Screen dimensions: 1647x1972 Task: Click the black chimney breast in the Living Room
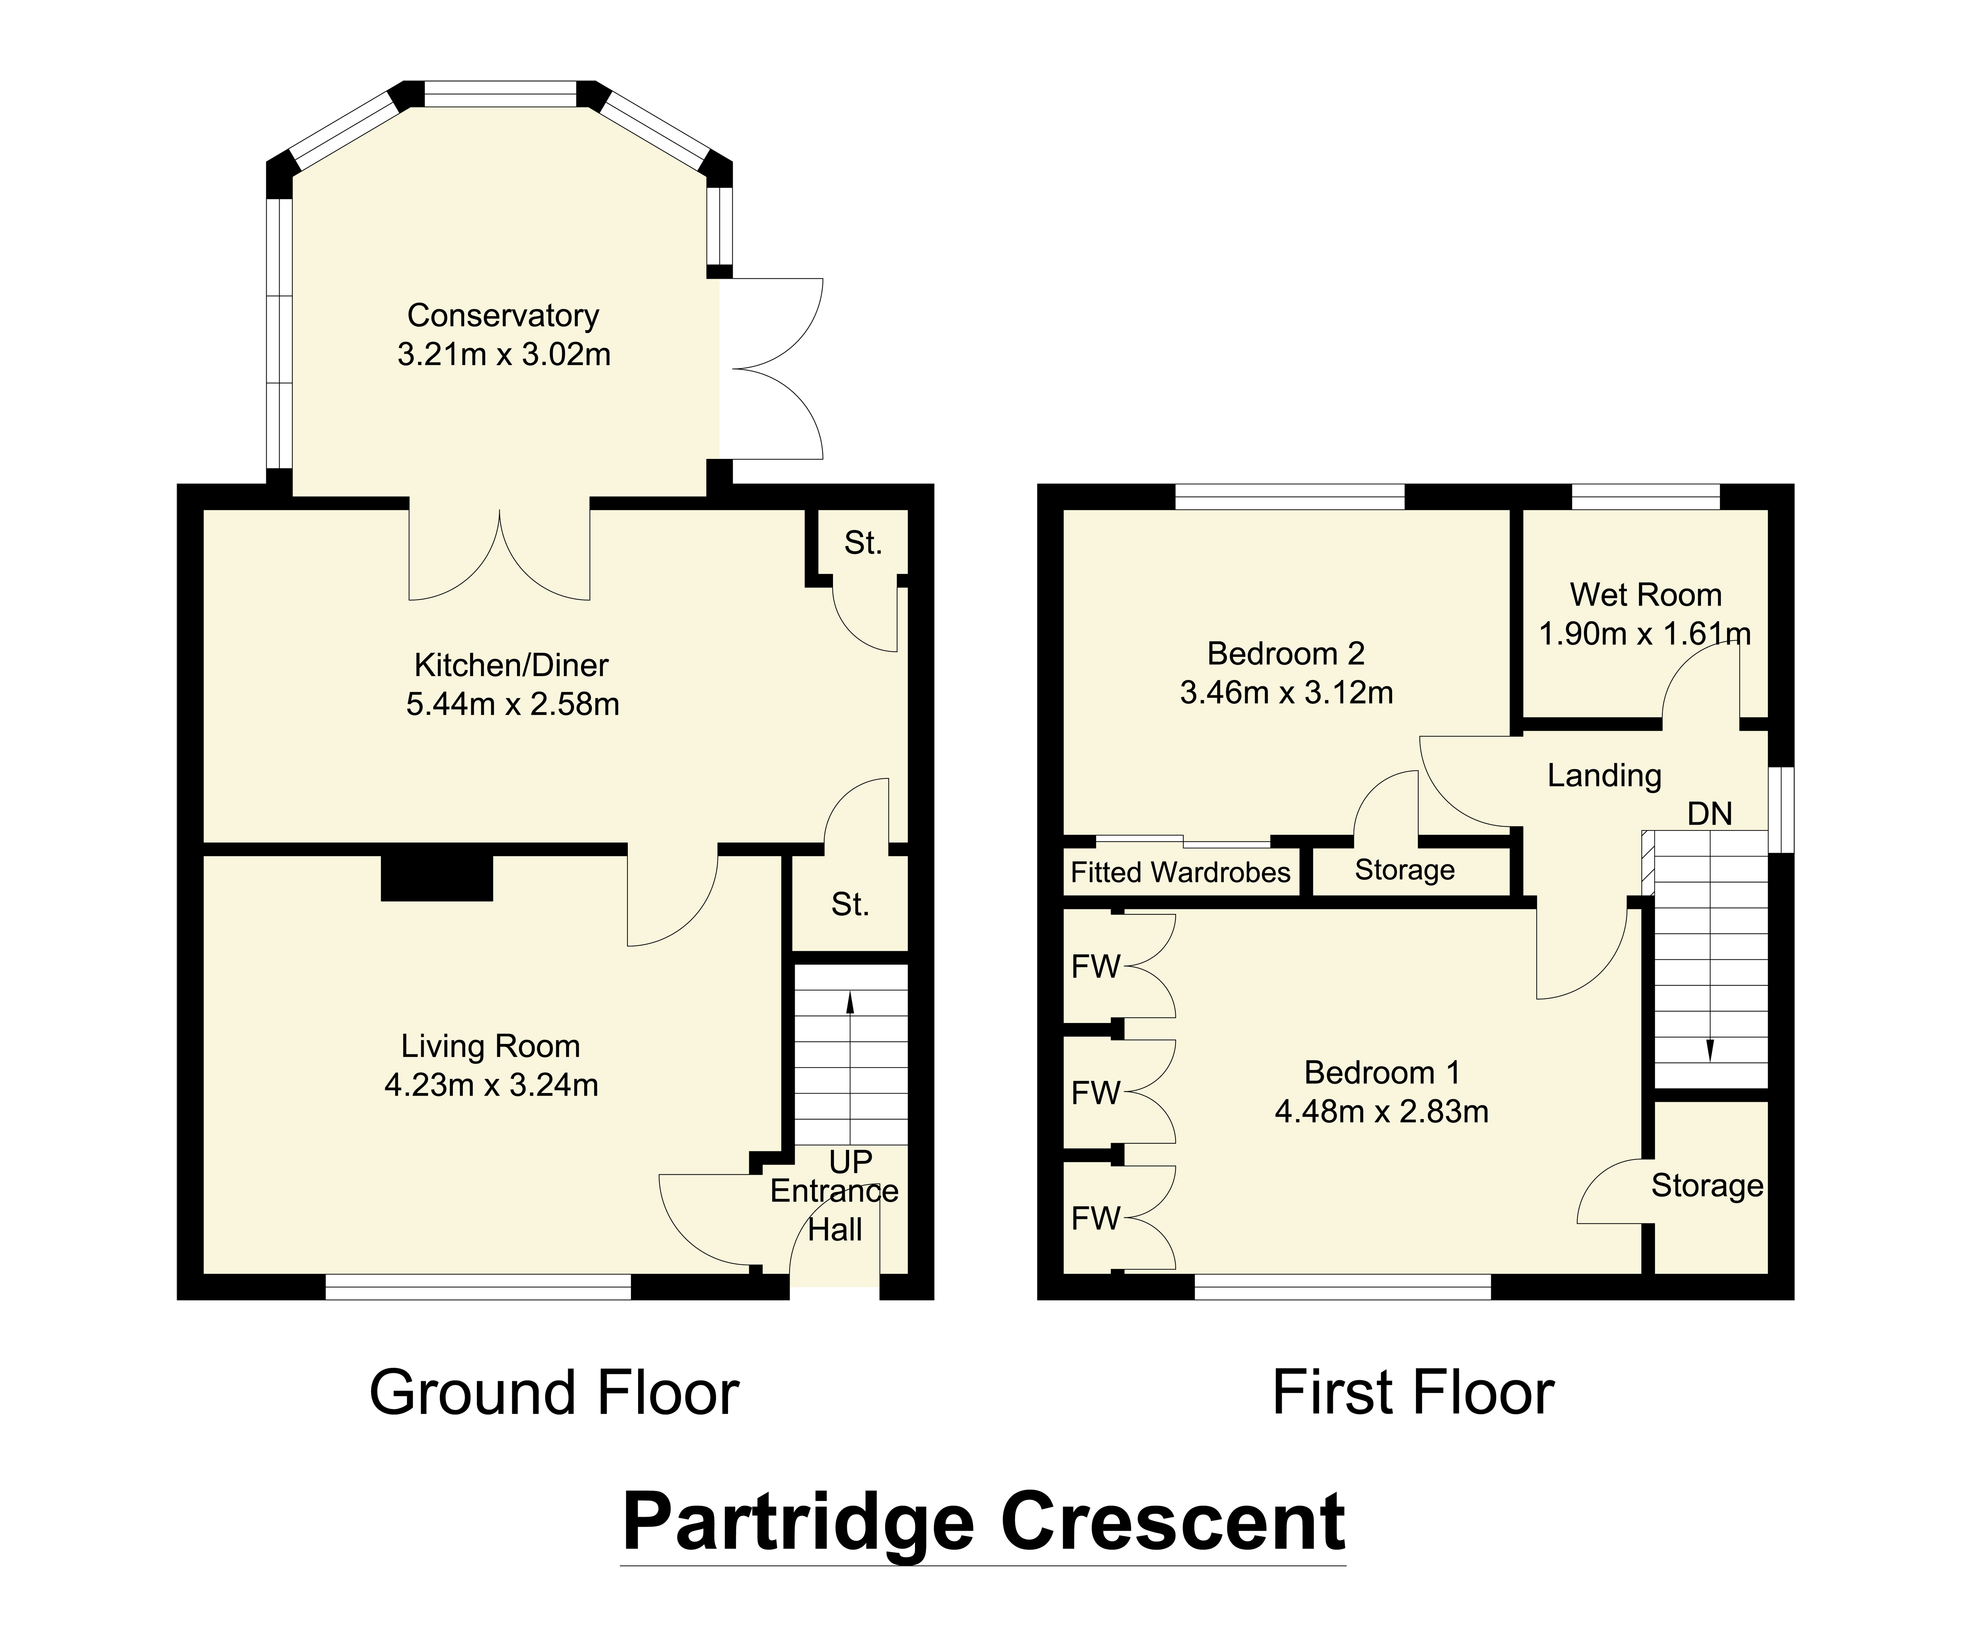coord(437,878)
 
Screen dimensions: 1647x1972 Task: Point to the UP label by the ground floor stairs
coord(850,1163)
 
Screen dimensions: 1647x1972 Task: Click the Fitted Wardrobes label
coord(1180,872)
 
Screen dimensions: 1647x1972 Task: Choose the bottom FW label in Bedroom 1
coord(1096,1218)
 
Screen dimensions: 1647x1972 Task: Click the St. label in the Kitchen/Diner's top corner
coord(862,543)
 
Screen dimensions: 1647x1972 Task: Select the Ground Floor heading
coord(554,1393)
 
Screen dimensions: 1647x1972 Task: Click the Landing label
coord(1604,776)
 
